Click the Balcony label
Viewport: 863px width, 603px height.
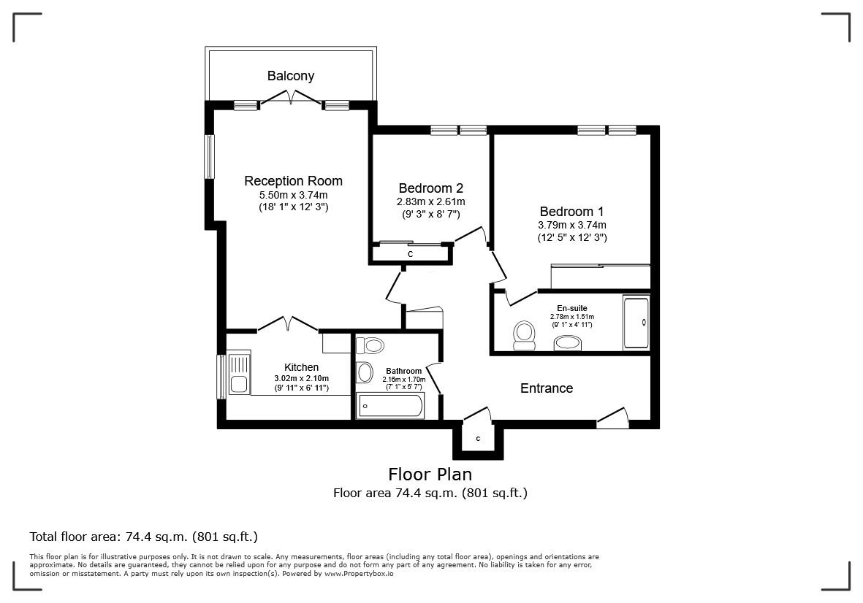point(290,76)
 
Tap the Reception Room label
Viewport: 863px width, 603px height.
point(293,181)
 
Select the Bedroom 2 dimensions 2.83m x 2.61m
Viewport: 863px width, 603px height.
point(430,202)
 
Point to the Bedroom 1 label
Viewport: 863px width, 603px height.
point(572,211)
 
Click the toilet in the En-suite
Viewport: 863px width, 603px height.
point(523,333)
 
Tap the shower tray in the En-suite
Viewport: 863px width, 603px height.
point(636,322)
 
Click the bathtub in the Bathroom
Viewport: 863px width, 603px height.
point(389,406)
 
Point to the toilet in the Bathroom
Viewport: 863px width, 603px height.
point(373,345)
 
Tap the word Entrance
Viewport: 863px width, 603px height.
point(547,388)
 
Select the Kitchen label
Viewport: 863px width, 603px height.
point(301,367)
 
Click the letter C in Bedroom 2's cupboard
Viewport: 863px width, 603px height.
point(411,254)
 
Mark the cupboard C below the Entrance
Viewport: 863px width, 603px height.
point(478,439)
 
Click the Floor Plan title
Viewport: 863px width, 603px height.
point(430,475)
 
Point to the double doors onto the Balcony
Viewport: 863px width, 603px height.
point(292,99)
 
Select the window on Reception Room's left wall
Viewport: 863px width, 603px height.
point(209,157)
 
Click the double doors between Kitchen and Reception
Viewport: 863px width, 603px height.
point(286,323)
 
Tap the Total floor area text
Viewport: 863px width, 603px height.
point(143,537)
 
